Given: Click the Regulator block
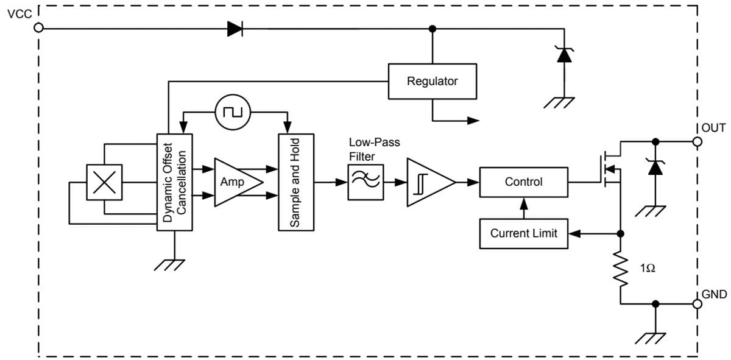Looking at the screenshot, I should [432, 80].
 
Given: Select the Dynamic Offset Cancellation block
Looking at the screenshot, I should [175, 182].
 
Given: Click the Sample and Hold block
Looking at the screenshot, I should [296, 182].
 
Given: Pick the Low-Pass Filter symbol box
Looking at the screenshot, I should [365, 182].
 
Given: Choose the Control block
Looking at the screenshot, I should [523, 182].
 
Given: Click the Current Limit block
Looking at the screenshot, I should [523, 233].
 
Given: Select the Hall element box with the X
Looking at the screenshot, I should [104, 182].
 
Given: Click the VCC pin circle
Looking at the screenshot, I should [39, 28].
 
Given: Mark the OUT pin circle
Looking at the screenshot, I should [697, 141].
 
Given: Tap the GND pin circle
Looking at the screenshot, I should [697, 303].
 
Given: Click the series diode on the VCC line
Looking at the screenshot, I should [235, 28].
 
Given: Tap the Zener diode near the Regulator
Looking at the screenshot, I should [564, 55].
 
